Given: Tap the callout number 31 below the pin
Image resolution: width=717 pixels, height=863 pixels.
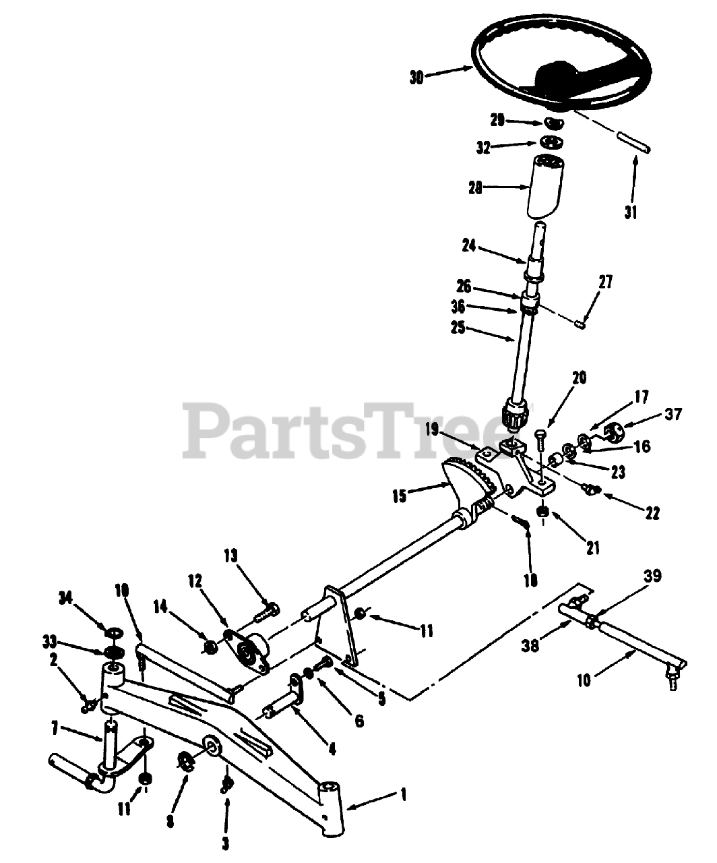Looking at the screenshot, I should pos(630,213).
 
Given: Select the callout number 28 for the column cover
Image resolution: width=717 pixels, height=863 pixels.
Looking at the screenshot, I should pos(476,189).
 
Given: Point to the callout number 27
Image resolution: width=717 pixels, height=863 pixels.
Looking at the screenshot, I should pos(606,282).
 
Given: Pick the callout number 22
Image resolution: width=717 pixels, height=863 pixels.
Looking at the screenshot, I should pos(651,513).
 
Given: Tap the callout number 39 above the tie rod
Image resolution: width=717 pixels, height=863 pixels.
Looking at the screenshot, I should pos(652,576).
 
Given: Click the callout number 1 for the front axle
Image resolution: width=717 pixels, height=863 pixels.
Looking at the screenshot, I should pos(402,795).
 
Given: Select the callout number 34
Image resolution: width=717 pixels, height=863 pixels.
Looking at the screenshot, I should pos(65,597).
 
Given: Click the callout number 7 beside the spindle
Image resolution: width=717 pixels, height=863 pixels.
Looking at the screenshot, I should pos(55,727).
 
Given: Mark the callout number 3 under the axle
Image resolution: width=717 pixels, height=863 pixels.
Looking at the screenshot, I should pos(225,842).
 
